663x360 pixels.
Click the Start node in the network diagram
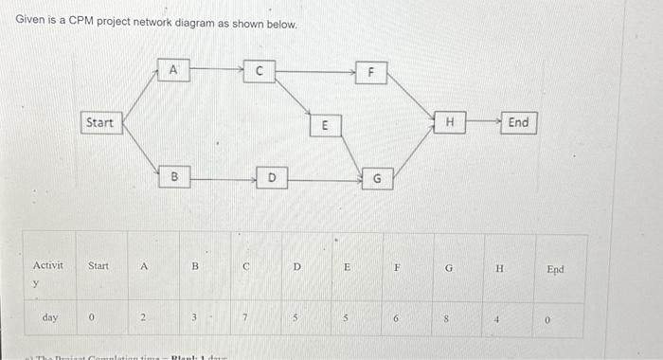point(99,122)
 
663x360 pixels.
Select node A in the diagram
point(173,68)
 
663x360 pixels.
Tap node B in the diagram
point(173,176)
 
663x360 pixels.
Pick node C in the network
point(259,68)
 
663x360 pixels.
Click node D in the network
point(271,176)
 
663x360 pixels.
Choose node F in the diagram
point(372,71)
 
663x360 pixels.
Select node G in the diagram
point(376,177)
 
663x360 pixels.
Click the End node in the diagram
point(519,122)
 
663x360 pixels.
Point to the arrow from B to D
point(222,176)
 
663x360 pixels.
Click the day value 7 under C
point(244,315)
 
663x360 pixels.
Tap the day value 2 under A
point(144,315)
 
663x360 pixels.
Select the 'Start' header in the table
point(99,268)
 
